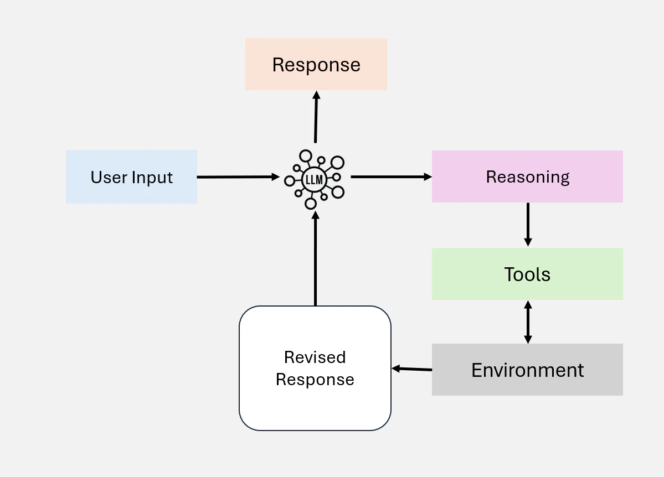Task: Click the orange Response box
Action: [316, 64]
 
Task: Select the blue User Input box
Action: [131, 177]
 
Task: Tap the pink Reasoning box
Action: [527, 177]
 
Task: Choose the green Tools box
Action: [527, 274]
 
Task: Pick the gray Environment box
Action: [527, 370]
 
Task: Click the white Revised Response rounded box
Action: [315, 368]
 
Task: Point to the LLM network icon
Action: [314, 179]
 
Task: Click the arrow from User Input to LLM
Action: [239, 177]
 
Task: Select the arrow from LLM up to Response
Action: [316, 117]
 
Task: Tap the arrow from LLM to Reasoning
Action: [392, 177]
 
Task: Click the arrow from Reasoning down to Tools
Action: [528, 224]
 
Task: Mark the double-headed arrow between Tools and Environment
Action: [528, 322]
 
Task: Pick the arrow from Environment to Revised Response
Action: [412, 369]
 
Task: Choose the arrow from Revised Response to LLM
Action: [316, 258]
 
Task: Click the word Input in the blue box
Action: [152, 178]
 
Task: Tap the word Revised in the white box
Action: [315, 357]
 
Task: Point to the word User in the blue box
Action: [109, 177]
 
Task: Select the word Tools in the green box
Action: [527, 274]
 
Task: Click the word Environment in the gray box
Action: [528, 370]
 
